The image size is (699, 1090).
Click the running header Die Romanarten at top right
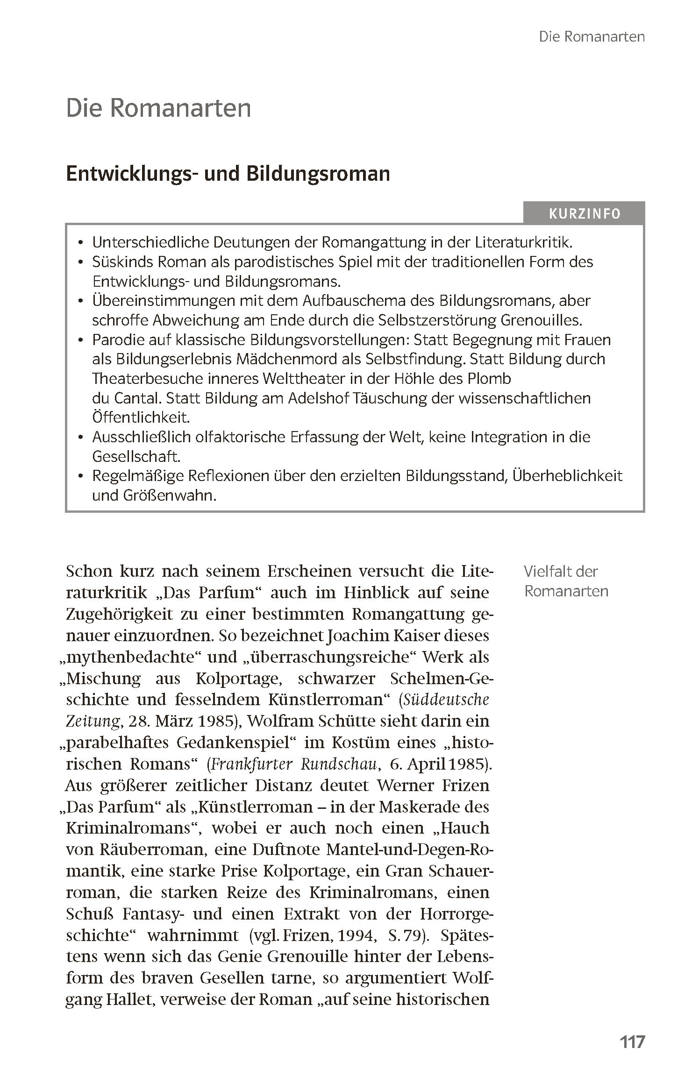pos(592,37)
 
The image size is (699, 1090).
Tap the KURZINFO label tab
pos(584,214)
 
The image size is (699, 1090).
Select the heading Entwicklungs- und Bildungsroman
pos(228,174)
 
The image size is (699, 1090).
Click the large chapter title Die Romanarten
pos(158,108)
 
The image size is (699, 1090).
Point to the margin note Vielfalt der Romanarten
pos(565,581)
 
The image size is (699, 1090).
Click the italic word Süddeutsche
pos(446,700)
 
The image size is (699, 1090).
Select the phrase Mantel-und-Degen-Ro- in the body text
pos(409,849)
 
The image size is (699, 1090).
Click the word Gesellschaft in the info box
pos(136,456)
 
